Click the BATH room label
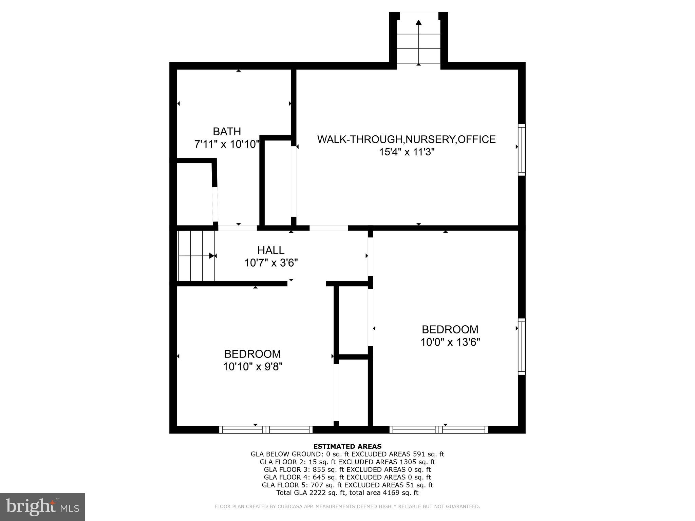[x=227, y=131]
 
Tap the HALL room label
[x=270, y=250]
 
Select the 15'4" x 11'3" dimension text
[x=407, y=152]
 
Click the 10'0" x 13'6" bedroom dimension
[x=450, y=342]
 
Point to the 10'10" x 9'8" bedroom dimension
[x=252, y=367]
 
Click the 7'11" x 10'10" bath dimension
[x=227, y=144]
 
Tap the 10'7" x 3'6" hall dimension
[x=271, y=263]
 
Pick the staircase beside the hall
[x=196, y=256]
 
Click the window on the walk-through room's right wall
[x=522, y=150]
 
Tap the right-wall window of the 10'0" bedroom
[x=522, y=346]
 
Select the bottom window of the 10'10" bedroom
[x=266, y=430]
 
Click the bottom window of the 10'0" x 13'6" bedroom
[x=439, y=430]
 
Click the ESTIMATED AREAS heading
[x=347, y=446]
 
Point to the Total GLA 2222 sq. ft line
[x=347, y=493]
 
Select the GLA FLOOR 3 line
[x=347, y=470]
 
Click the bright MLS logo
[x=42, y=507]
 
